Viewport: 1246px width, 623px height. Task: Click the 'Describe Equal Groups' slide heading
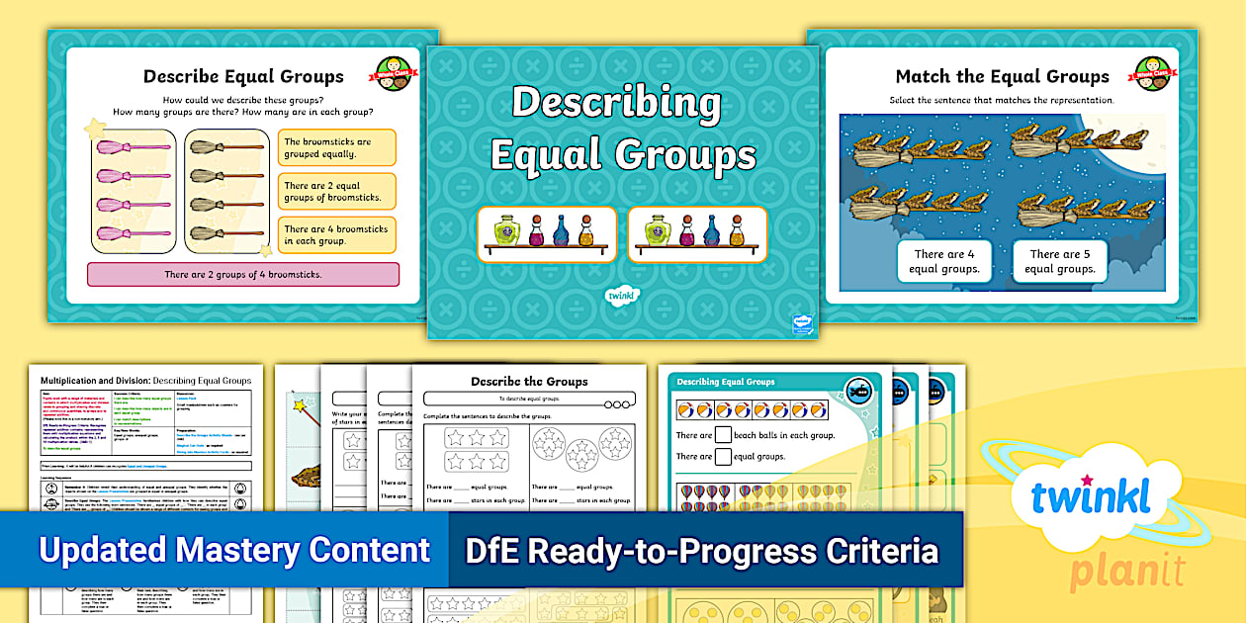243,76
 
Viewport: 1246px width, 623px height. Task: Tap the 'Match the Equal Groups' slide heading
1002,76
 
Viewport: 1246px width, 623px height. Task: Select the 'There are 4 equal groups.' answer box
943,261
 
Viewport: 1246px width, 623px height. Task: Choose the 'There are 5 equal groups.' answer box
1061,261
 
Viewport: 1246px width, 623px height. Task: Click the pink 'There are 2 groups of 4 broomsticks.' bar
243,274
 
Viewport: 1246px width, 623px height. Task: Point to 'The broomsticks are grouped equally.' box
336,147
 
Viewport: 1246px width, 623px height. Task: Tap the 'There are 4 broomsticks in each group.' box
336,234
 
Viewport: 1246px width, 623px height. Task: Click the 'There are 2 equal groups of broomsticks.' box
336,191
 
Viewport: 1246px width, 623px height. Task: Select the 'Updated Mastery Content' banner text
234,550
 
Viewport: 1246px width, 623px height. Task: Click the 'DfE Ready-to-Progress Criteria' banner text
701,550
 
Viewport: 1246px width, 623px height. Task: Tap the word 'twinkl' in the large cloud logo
1091,498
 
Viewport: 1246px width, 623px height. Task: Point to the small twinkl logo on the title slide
622,295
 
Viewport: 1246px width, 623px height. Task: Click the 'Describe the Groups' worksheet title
529,381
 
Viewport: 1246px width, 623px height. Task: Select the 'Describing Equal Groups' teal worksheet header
726,382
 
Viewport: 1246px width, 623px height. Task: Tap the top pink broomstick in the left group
133,147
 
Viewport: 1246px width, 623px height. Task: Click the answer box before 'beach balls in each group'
724,434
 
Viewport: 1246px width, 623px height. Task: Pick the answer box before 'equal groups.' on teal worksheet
724,456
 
